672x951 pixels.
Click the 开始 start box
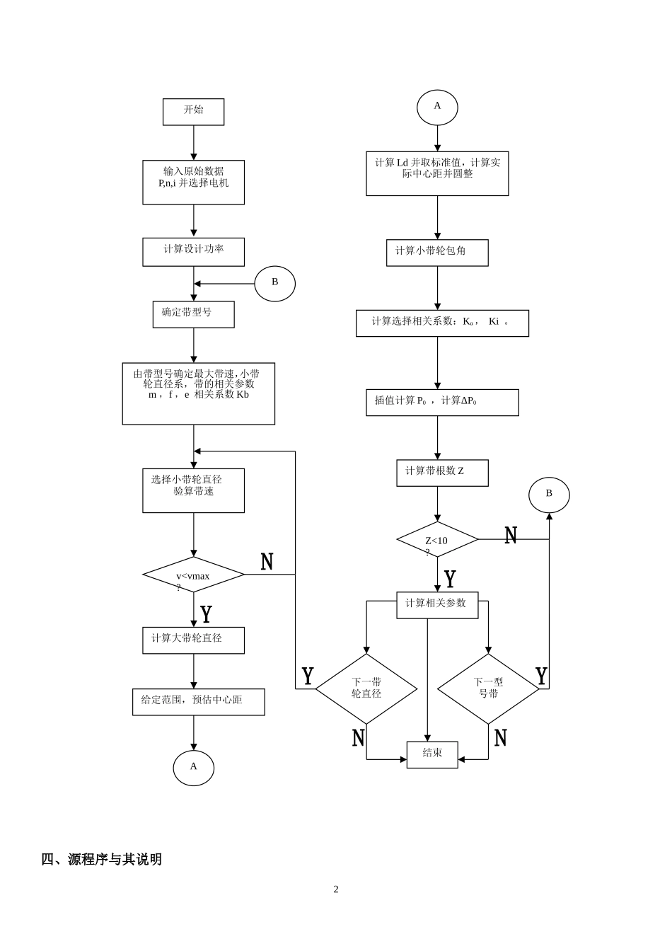coord(193,112)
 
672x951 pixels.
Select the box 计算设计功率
coord(193,252)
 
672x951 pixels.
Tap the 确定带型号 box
coord(193,314)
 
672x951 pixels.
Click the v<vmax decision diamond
coord(193,575)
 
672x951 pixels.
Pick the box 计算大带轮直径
coord(193,640)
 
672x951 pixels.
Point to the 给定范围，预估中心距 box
coord(198,702)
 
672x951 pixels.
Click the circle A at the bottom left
coord(193,768)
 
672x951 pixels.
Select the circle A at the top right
coord(437,108)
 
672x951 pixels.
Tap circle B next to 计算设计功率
coord(274,284)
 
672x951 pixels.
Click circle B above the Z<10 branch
coord(549,495)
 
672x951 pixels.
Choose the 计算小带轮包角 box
coord(437,253)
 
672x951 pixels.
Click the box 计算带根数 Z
coord(442,473)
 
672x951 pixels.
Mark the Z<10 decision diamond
coord(437,540)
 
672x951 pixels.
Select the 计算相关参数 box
coord(437,605)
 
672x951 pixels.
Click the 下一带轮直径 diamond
coord(366,688)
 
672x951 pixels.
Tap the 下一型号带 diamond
coord(488,688)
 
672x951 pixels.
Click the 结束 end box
coord(432,754)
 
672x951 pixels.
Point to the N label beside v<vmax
coord(267,562)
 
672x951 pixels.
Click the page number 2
coord(336,889)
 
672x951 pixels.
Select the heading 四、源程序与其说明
coord(102,859)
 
